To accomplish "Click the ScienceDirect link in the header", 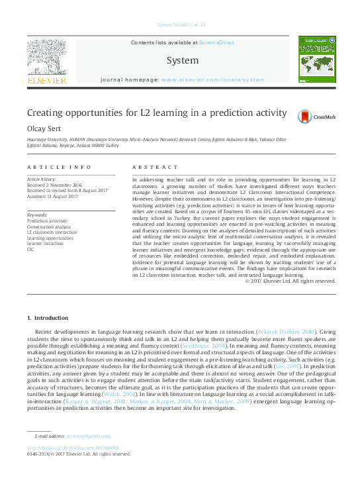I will (216, 42).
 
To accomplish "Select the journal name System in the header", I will (182, 60).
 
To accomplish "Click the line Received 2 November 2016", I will (54, 185).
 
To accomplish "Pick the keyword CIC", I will (30, 249).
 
